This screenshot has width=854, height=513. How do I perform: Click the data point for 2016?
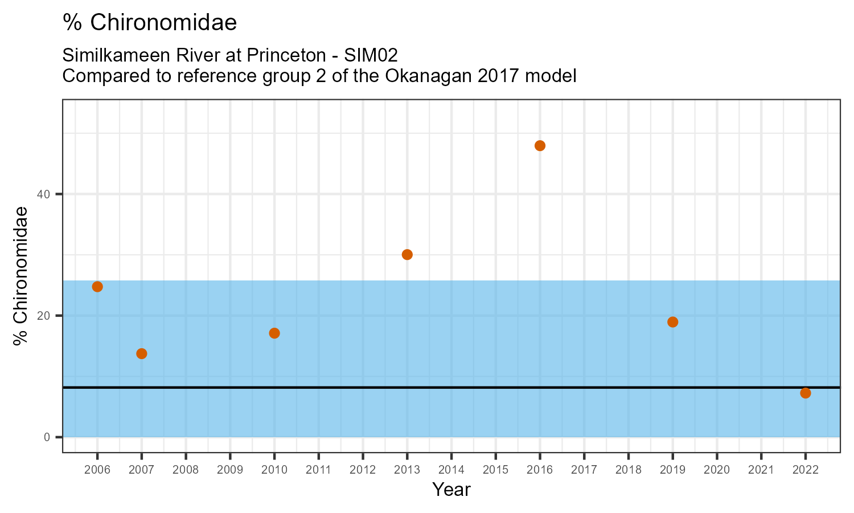click(540, 146)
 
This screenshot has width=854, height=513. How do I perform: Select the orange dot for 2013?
click(407, 255)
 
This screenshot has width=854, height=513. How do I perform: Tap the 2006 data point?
click(97, 287)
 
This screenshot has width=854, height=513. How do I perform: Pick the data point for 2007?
click(142, 354)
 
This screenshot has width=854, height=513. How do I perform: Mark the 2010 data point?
click(274, 333)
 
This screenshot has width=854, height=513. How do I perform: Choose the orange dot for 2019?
click(672, 322)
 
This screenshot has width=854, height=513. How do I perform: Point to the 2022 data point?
click(805, 393)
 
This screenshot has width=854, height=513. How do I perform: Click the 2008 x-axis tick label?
click(186, 470)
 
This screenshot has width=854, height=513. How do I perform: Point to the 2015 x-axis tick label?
click(495, 470)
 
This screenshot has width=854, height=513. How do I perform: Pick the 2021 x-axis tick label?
click(761, 470)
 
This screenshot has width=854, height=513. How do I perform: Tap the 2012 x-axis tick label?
click(363, 470)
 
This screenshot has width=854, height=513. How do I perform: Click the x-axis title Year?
click(451, 490)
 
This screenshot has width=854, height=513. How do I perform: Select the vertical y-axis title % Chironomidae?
click(21, 276)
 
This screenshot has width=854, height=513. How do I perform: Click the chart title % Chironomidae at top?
click(150, 23)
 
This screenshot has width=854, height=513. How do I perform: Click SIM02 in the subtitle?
click(371, 55)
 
